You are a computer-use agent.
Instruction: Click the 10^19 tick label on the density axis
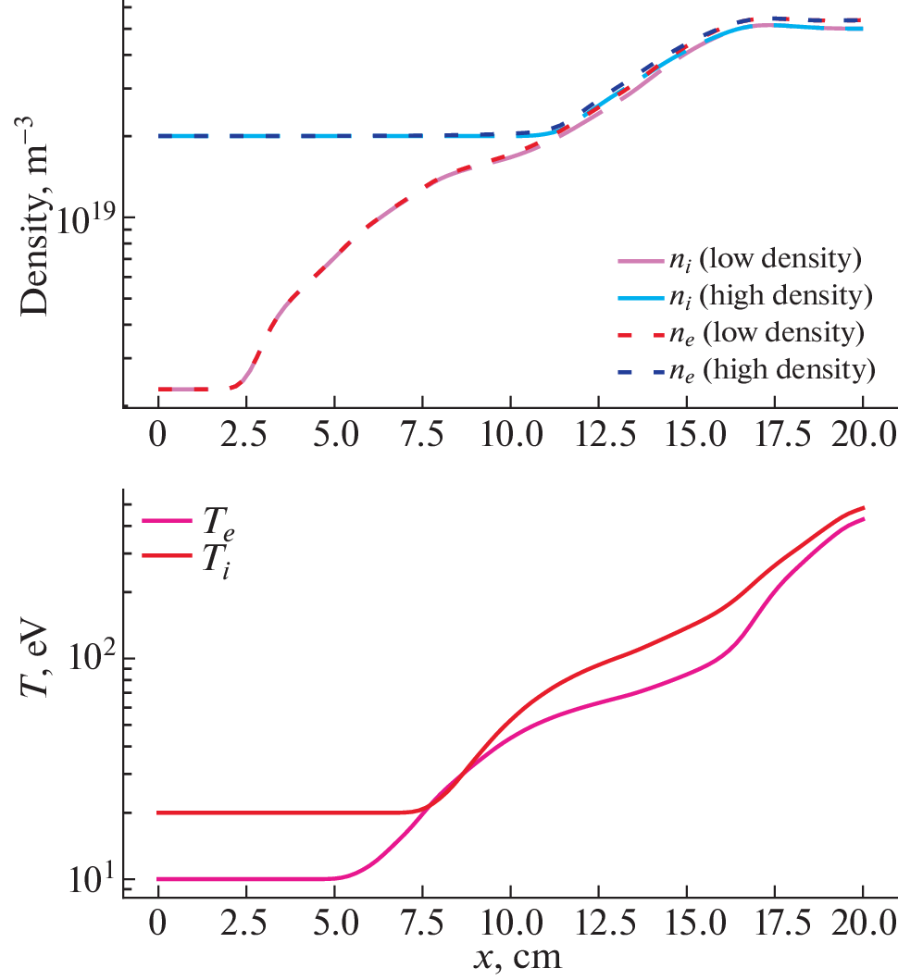(86, 219)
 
